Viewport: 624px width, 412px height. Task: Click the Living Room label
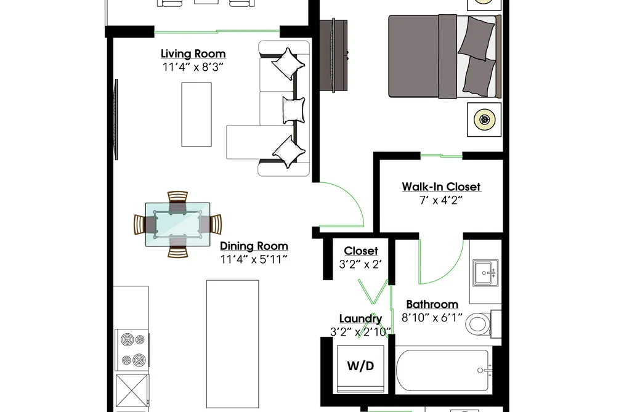pyautogui.click(x=193, y=54)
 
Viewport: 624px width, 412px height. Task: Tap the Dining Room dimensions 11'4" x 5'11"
pyautogui.click(x=254, y=260)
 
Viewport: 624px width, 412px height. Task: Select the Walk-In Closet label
pyautogui.click(x=441, y=187)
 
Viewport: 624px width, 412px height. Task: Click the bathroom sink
pyautogui.click(x=485, y=273)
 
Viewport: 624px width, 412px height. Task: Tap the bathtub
pyautogui.click(x=444, y=371)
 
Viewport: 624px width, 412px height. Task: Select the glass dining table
pyautogui.click(x=177, y=224)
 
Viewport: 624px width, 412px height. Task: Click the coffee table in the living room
pyautogui.click(x=197, y=115)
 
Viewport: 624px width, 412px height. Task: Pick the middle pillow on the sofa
pyautogui.click(x=293, y=109)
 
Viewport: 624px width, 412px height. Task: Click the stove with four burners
pyautogui.click(x=132, y=350)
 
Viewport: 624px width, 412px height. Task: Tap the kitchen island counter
pyautogui.click(x=232, y=344)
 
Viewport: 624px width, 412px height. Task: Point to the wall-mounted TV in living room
pyautogui.click(x=116, y=119)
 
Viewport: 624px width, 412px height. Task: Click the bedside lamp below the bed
pyautogui.click(x=484, y=119)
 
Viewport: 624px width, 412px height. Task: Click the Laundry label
pyautogui.click(x=360, y=318)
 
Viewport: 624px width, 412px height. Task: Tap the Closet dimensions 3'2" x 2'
pyautogui.click(x=360, y=264)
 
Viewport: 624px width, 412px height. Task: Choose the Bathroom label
pyautogui.click(x=432, y=304)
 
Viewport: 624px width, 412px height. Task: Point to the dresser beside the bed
pyautogui.click(x=334, y=55)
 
